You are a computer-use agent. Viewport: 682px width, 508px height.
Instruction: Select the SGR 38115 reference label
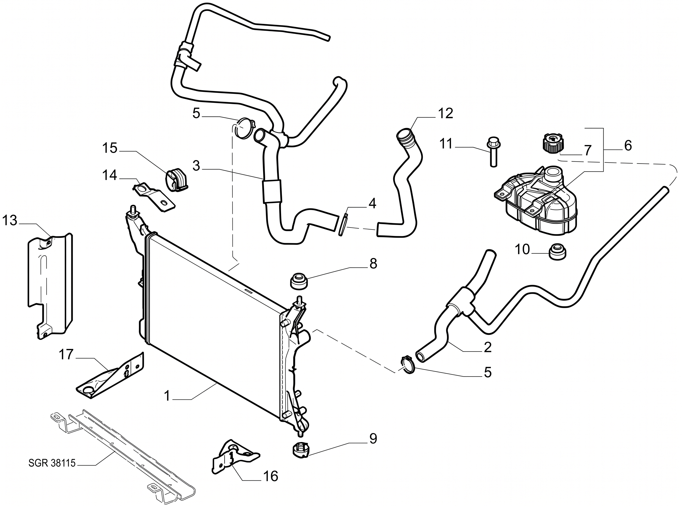pyautogui.click(x=52, y=463)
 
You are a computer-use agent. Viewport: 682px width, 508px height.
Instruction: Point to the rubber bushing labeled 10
pyautogui.click(x=557, y=252)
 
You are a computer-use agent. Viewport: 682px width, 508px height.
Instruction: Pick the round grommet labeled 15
pyautogui.click(x=177, y=180)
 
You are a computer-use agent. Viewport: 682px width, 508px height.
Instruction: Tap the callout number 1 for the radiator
pyautogui.click(x=167, y=396)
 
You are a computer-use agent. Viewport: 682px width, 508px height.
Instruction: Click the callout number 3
pyautogui.click(x=196, y=166)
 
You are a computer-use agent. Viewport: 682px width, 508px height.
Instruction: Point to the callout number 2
pyautogui.click(x=488, y=347)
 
